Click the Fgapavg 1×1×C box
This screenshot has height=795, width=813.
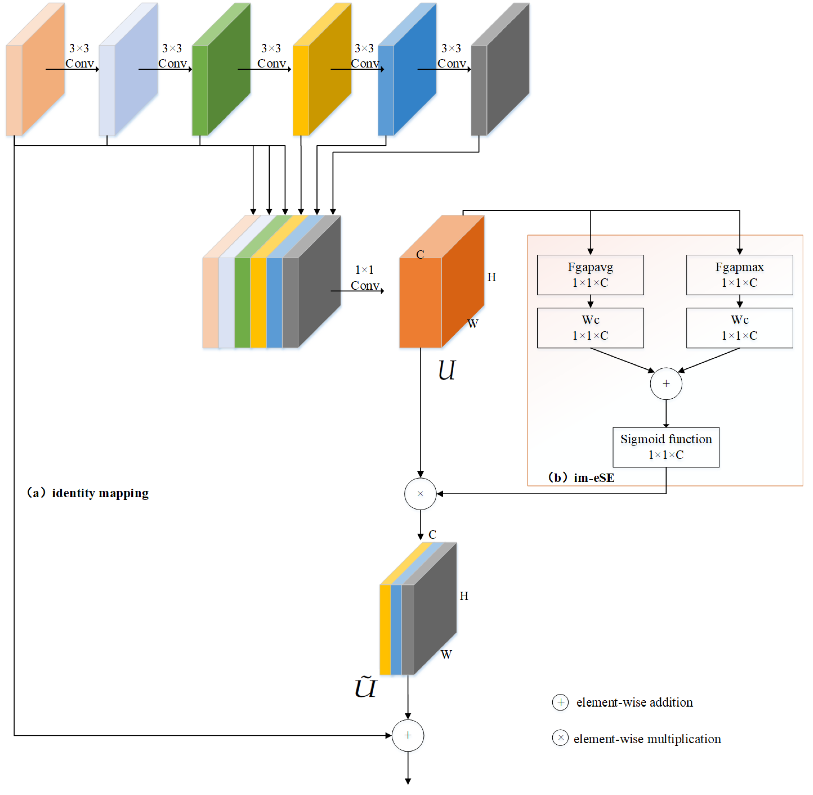pyautogui.click(x=590, y=275)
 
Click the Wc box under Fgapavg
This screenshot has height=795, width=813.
pyautogui.click(x=590, y=328)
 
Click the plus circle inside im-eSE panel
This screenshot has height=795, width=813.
pyautogui.click(x=666, y=383)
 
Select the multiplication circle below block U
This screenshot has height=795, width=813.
pyautogui.click(x=420, y=494)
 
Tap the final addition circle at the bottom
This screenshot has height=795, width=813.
pyautogui.click(x=408, y=735)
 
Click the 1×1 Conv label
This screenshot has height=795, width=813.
pyautogui.click(x=365, y=278)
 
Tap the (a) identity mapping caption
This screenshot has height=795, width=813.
pyautogui.click(x=88, y=493)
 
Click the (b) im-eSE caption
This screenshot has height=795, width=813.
pyautogui.click(x=581, y=477)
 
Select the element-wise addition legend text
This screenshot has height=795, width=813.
pyautogui.click(x=634, y=702)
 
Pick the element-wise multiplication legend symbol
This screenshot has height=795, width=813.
pyautogui.click(x=560, y=738)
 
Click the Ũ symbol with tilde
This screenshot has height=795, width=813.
pyautogui.click(x=365, y=687)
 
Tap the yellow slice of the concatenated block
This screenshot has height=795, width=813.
pyautogui.click(x=258, y=303)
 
